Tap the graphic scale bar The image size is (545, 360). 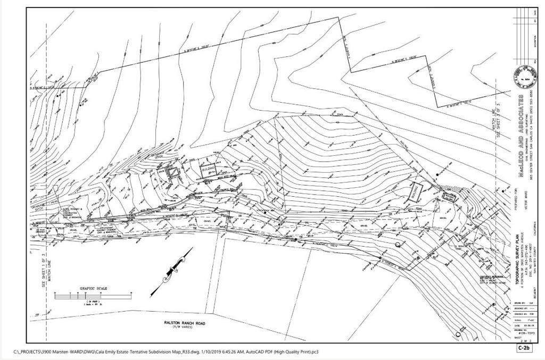click(x=93, y=294)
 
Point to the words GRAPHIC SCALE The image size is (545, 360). click(x=94, y=288)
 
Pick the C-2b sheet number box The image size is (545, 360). click(x=524, y=348)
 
